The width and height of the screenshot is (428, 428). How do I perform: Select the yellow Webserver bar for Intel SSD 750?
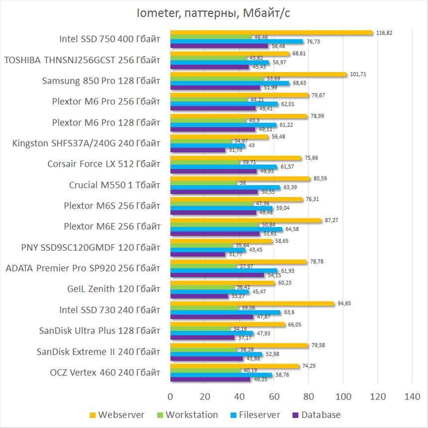(x=271, y=33)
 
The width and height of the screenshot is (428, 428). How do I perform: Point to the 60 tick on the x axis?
(x=274, y=397)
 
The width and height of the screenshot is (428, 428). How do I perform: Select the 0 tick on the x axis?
(x=171, y=397)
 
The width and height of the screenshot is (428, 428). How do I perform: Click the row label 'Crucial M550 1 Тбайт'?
(x=115, y=185)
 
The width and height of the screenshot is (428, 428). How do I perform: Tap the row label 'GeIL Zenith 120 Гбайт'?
(x=113, y=289)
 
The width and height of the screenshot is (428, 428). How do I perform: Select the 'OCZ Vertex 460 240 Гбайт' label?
(x=106, y=372)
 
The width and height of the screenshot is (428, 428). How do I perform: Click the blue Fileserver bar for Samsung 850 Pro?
(x=229, y=83)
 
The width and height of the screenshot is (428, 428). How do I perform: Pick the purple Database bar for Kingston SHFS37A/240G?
(x=198, y=150)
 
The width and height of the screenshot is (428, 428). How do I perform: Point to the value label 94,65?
(x=344, y=303)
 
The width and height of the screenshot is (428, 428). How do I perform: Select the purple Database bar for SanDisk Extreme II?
(x=207, y=358)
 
